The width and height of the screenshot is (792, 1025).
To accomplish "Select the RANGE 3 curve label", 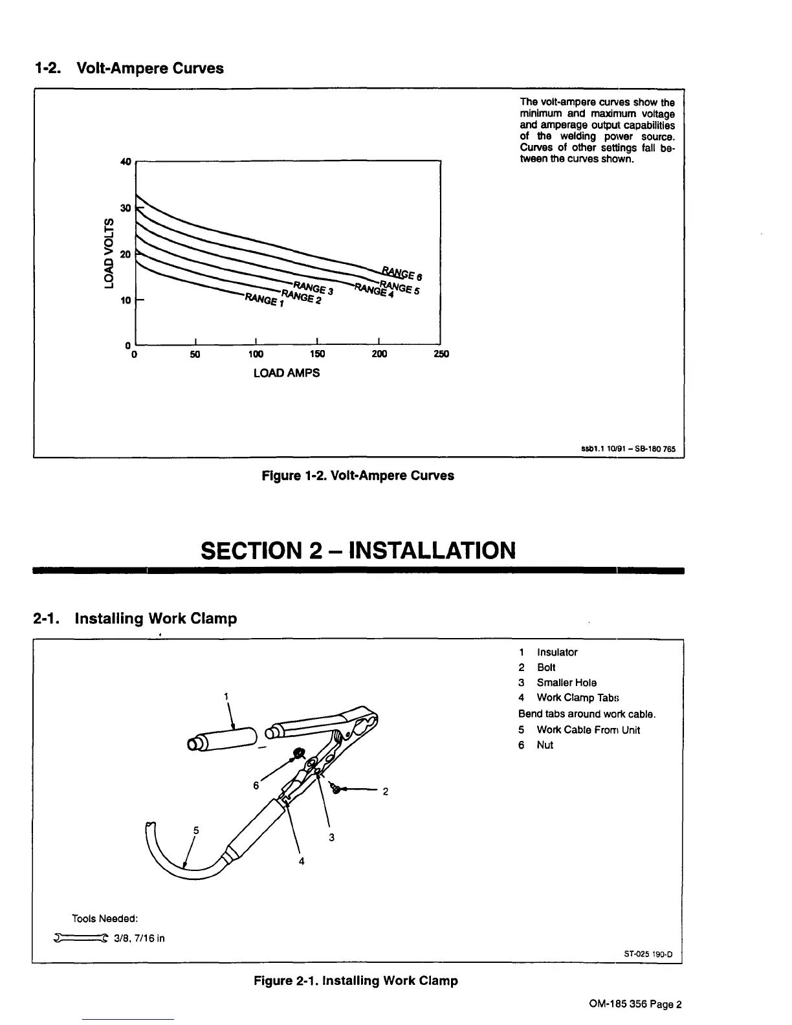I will [x=313, y=288].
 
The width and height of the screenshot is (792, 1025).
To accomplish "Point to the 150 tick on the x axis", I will [x=317, y=354].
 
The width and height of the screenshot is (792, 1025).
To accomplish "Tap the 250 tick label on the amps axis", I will [x=441, y=354].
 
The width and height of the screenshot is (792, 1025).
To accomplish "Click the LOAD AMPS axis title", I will [x=286, y=373].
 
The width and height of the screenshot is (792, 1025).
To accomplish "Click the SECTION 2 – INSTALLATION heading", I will [x=358, y=551].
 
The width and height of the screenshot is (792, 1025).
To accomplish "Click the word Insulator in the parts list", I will [x=556, y=652].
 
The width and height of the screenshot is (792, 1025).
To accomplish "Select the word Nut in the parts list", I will [x=545, y=745].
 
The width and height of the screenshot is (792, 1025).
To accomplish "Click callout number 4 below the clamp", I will [x=302, y=861].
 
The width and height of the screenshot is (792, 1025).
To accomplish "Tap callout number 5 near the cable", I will [x=196, y=830].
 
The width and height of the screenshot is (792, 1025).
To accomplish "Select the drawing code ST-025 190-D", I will [x=648, y=954].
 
